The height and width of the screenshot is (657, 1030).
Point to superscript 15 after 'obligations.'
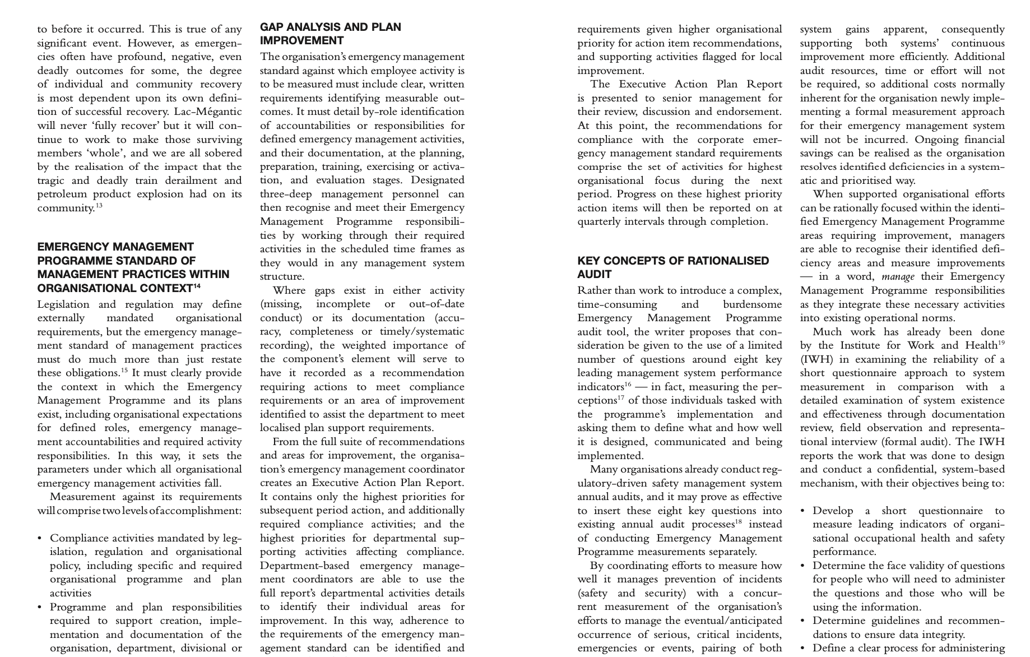click(x=124, y=371)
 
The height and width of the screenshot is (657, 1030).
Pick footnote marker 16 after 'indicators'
click(x=627, y=384)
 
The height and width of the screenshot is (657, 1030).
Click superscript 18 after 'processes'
click(x=739, y=521)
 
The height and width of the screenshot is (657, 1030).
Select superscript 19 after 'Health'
click(x=1001, y=343)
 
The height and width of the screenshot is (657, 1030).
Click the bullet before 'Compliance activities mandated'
click(x=40, y=538)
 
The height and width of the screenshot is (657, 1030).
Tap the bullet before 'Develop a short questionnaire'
click(x=803, y=511)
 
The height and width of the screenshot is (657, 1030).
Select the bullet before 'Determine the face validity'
click(x=803, y=566)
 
